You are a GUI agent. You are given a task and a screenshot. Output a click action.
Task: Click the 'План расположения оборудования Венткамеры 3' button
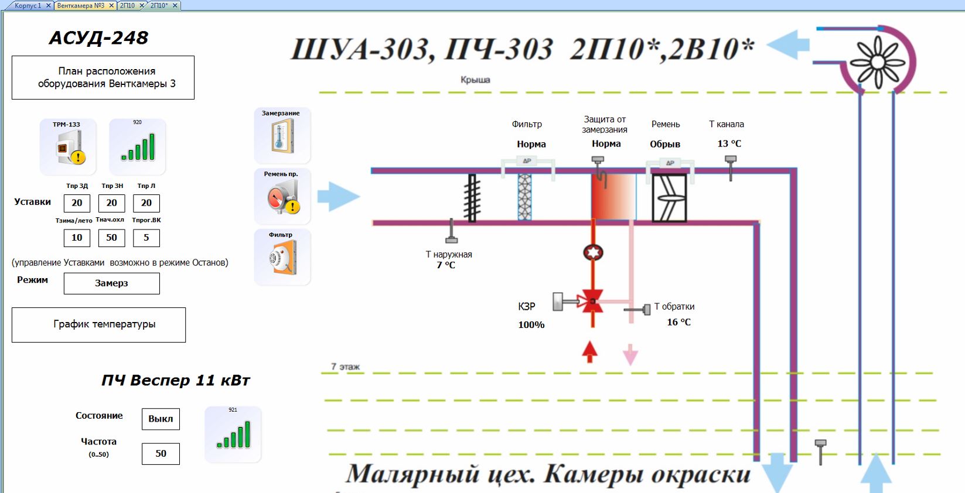[x=103, y=77]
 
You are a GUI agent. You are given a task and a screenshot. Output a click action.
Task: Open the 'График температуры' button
[x=98, y=325]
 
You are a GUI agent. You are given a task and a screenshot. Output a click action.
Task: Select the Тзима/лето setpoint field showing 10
[x=77, y=238]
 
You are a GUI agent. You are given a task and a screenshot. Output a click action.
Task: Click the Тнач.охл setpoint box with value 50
[x=111, y=238]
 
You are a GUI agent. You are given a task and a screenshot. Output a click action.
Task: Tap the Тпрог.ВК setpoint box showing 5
[x=146, y=238]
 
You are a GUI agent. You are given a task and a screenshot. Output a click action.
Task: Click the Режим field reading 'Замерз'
[x=111, y=283]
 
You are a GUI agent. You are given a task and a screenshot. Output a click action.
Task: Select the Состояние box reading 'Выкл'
[x=161, y=419]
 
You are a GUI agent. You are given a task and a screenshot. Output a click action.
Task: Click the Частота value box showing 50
[x=161, y=454]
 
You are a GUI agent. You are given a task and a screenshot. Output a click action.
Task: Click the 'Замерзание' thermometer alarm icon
[x=282, y=136]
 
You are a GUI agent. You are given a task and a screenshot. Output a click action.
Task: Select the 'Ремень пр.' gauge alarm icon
[x=282, y=197]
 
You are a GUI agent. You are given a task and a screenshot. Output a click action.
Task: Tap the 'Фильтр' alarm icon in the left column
[x=282, y=258]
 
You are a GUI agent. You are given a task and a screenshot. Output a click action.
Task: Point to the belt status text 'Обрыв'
[x=665, y=144]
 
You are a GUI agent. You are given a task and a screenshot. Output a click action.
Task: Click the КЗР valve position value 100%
[x=531, y=325]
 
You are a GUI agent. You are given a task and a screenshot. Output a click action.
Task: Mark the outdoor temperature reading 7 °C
[x=446, y=265]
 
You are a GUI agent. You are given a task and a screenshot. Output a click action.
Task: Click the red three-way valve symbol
[x=592, y=302]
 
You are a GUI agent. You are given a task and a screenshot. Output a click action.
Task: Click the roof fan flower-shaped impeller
[x=877, y=62]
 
